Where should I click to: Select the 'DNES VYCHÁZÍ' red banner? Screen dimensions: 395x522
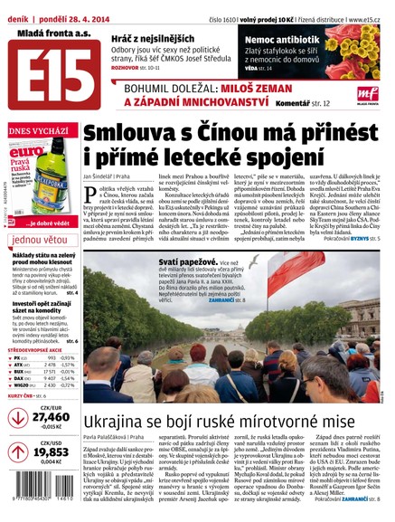pyautogui.click(x=38, y=131)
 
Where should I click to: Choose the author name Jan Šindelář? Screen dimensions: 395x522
pyautogui.click(x=104, y=173)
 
